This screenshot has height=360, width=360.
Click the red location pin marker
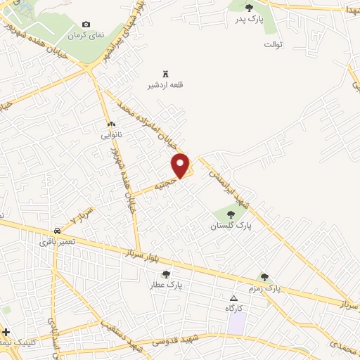click(181, 165)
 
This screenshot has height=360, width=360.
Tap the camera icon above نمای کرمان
click(86, 25)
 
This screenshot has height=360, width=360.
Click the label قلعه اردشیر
click(165, 85)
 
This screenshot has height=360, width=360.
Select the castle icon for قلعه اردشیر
click(166, 74)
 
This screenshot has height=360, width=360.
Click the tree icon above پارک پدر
click(249, 8)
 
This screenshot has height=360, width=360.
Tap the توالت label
click(273, 44)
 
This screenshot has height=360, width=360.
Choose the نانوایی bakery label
click(111, 134)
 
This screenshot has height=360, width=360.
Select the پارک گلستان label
click(231, 226)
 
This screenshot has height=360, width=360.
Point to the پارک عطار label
click(166, 285)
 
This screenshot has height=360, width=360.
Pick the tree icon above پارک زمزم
click(264, 278)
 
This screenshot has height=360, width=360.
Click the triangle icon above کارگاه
click(234, 299)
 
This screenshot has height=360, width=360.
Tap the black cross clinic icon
click(6, 331)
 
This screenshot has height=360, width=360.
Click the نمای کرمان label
click(85, 34)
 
